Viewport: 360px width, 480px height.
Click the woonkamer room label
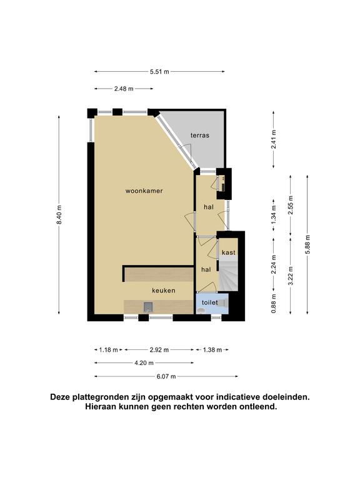point(144,191)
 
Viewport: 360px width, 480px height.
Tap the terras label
point(200,135)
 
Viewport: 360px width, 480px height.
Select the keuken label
point(164,290)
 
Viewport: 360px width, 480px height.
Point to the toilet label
point(210,302)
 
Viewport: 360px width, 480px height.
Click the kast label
point(229,252)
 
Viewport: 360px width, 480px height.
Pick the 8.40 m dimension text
point(59,214)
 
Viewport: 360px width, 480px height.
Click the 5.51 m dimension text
point(159,72)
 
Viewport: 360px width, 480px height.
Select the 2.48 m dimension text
point(124,89)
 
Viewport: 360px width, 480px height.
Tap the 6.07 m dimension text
point(166,376)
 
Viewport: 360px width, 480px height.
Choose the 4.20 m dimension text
point(144,362)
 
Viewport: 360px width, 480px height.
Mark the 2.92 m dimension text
point(159,349)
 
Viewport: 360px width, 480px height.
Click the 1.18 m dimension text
point(108,349)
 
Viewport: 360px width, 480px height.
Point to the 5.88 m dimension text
point(307,244)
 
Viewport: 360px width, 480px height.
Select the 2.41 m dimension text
point(273,139)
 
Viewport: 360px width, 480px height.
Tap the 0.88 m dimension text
point(273,303)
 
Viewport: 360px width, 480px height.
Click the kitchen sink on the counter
point(148,307)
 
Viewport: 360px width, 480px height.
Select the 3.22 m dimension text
point(291,276)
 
